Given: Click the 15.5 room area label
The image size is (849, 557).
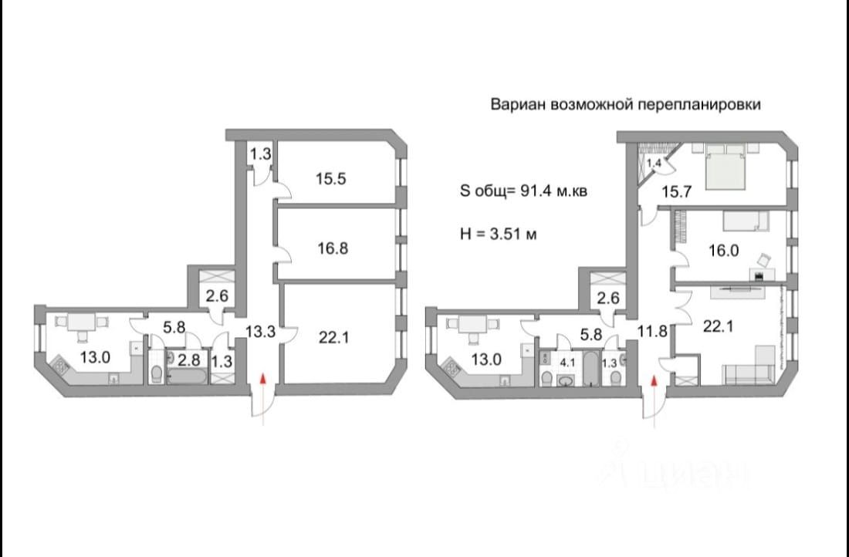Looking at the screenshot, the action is tap(330, 178).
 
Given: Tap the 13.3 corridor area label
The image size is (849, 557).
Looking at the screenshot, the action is tap(256, 333).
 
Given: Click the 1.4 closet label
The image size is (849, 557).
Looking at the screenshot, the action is tap(654, 163).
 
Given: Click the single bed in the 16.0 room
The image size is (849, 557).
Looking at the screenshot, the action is tap(743, 221).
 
